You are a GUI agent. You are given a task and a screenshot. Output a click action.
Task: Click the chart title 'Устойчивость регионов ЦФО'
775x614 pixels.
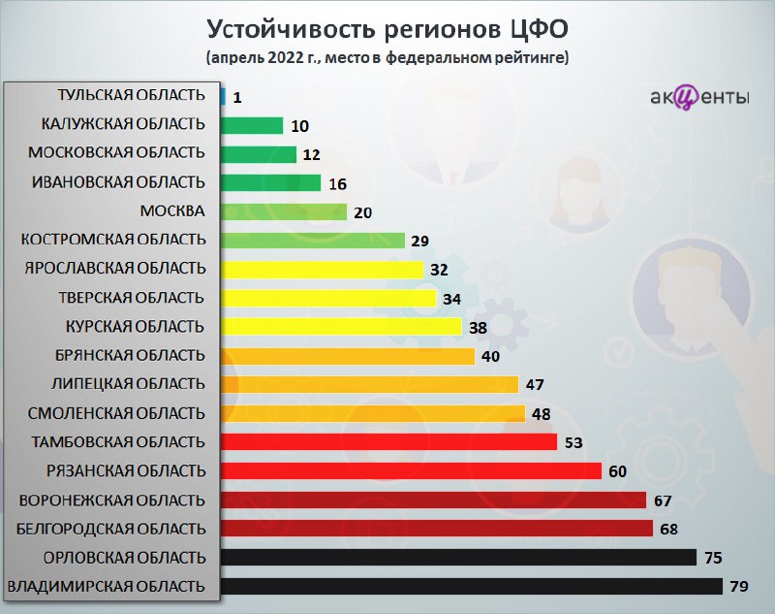click(x=387, y=30)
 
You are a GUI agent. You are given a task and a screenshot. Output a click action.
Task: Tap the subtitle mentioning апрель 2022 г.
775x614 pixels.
click(x=387, y=58)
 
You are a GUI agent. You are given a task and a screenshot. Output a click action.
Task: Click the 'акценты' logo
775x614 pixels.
click(x=698, y=96)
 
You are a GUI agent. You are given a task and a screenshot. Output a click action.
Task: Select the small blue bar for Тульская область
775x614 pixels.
click(x=223, y=96)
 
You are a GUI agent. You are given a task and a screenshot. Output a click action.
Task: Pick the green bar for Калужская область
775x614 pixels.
click(x=252, y=125)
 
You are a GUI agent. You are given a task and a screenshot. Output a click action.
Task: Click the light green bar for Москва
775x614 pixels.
click(x=284, y=211)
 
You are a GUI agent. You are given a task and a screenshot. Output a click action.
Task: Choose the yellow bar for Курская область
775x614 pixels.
click(x=341, y=327)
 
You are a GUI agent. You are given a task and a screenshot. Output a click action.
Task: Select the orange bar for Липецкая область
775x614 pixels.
click(x=370, y=384)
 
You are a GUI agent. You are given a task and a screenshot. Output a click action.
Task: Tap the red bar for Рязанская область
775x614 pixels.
click(x=411, y=471)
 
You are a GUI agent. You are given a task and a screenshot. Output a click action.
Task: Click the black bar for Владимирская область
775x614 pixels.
click(x=472, y=586)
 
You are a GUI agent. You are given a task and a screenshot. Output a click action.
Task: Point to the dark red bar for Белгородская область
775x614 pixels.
click(x=437, y=529)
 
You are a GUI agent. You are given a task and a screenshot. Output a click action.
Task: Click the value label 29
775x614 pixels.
click(x=420, y=241)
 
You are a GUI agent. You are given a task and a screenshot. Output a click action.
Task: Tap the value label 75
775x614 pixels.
click(x=713, y=558)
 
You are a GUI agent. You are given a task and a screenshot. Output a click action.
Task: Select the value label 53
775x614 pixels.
click(x=573, y=442)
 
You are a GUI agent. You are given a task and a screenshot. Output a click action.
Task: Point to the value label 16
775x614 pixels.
click(x=338, y=184)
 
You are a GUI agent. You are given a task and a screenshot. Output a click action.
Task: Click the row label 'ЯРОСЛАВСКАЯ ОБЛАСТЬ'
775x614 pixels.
click(x=115, y=268)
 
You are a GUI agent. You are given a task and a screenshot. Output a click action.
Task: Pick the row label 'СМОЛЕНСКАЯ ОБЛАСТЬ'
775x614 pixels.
click(x=116, y=413)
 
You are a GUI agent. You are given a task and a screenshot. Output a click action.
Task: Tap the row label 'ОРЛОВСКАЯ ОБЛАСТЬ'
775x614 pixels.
click(x=125, y=558)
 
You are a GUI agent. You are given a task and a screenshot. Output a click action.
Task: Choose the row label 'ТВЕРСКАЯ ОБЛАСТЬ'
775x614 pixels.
click(x=132, y=298)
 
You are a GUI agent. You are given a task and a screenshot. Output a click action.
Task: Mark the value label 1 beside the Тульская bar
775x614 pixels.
click(x=237, y=97)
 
